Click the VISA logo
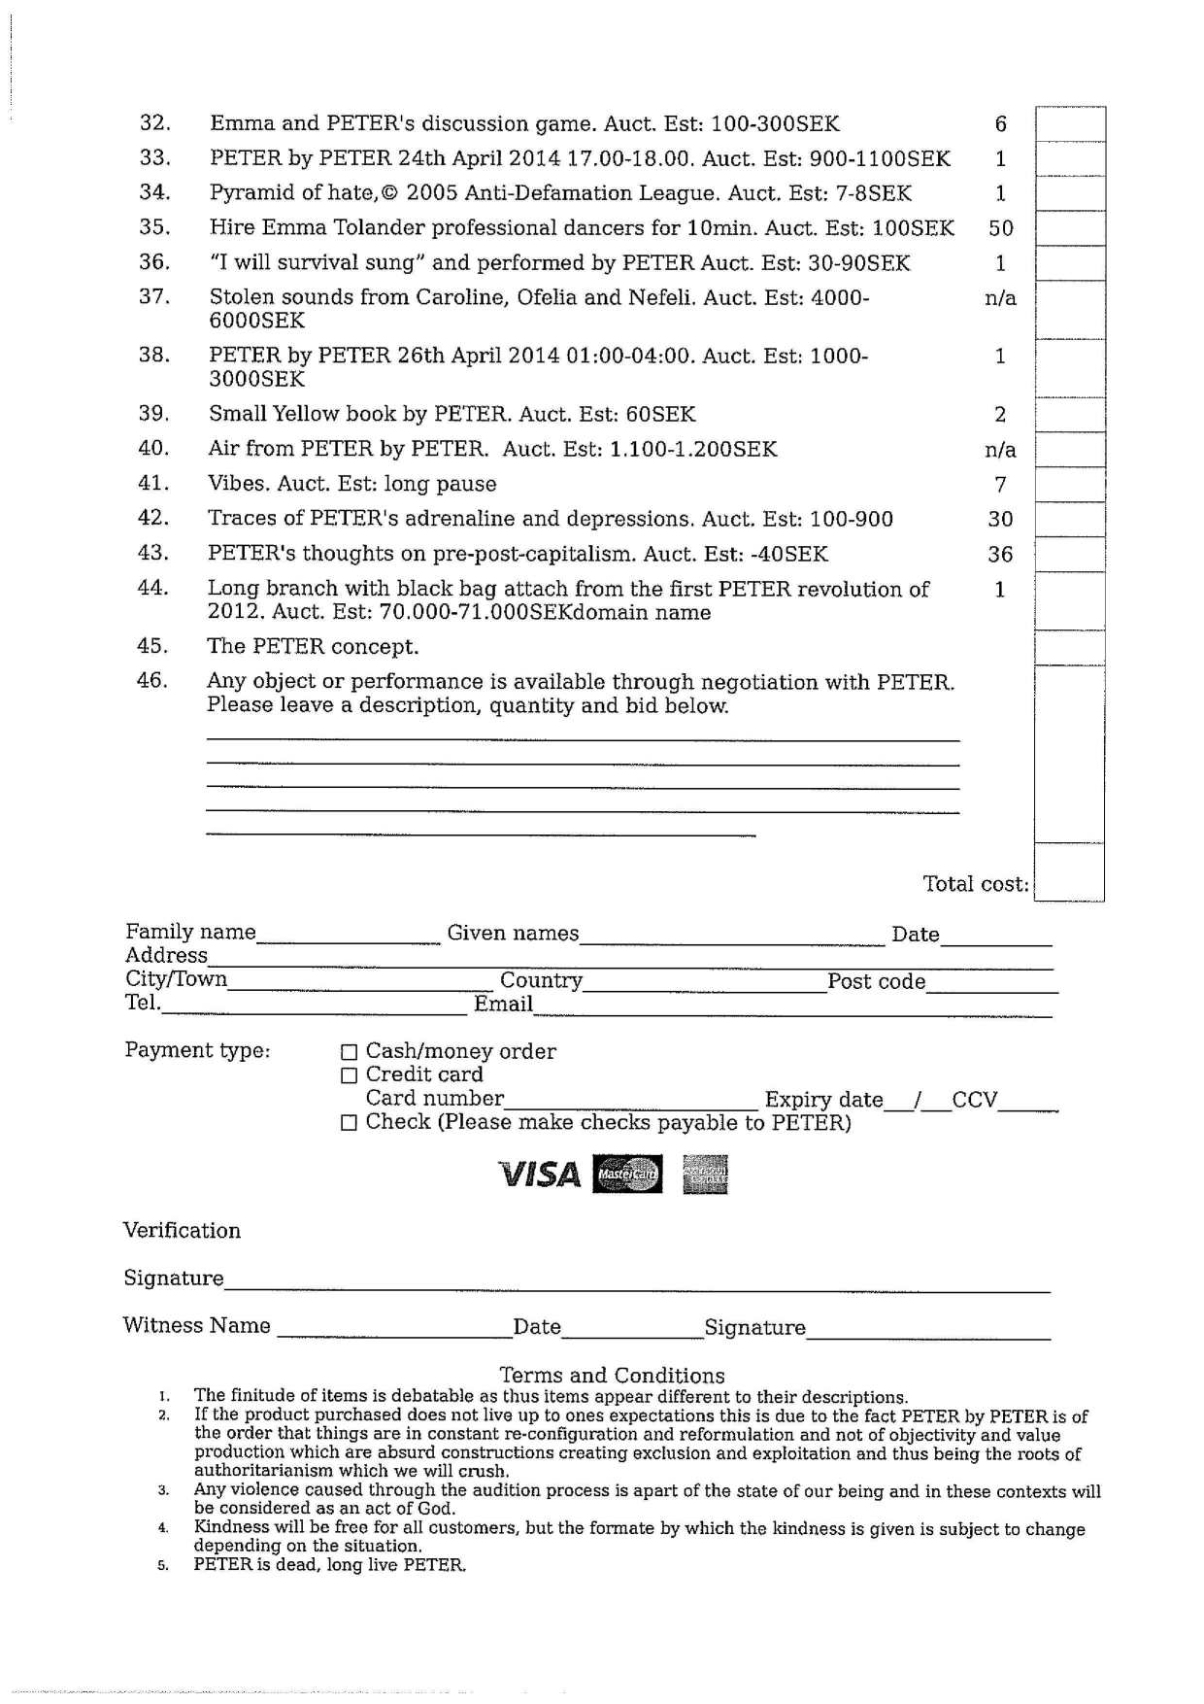point(539,1175)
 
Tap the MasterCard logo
point(627,1175)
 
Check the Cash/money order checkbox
point(350,1052)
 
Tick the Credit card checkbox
point(350,1075)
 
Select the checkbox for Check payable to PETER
point(350,1123)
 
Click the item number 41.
point(153,483)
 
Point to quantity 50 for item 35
point(1000,228)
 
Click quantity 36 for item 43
point(1000,555)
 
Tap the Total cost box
point(1069,873)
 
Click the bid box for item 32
point(1070,124)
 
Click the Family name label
point(190,933)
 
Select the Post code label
point(876,981)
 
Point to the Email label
point(503,1005)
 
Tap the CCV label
point(974,1100)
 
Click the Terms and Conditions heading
point(612,1376)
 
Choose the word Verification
point(182,1231)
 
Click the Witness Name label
point(196,1326)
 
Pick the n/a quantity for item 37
point(1000,298)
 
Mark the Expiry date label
point(823,1100)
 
